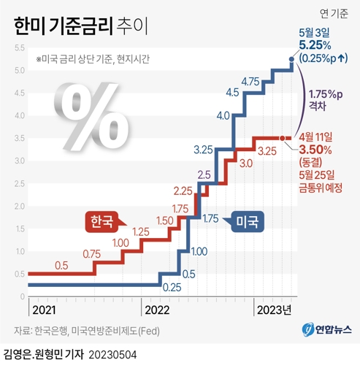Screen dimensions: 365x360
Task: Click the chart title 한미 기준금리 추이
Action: (77, 28)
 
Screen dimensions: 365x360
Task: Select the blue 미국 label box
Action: (250, 220)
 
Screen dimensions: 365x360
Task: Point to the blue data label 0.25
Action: (172, 286)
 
